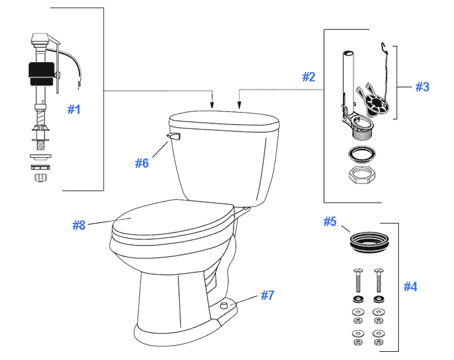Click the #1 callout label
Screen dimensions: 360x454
[x=74, y=110]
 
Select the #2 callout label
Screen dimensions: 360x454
[x=308, y=77]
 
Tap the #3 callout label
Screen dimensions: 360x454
[x=422, y=87]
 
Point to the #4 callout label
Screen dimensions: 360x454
[x=410, y=287]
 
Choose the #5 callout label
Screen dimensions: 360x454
[x=330, y=222]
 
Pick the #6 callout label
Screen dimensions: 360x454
[x=142, y=163]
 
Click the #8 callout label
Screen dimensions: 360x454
[x=78, y=225]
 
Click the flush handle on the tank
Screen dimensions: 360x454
[x=173, y=136]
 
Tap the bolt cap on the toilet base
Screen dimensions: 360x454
[x=224, y=305]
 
